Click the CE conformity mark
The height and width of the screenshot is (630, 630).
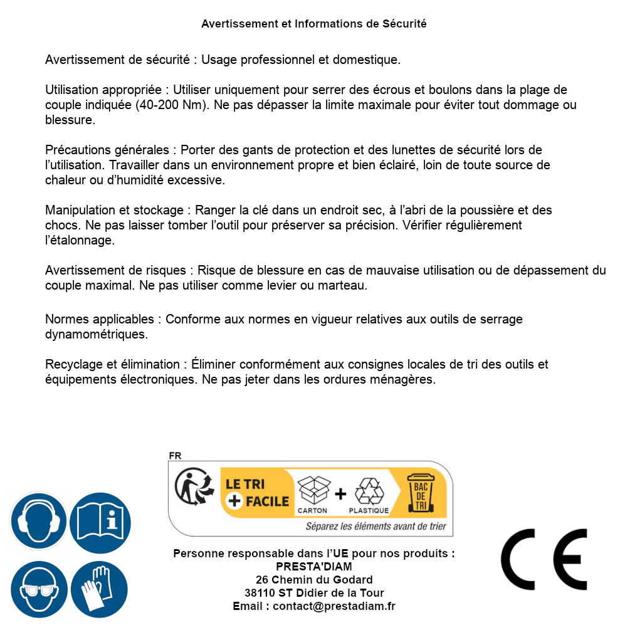[544, 555]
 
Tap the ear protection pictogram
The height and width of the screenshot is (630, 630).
[38, 521]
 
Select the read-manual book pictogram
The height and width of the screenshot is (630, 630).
[100, 521]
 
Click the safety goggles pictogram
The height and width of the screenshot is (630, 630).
[38, 589]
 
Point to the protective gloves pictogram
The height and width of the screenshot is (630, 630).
[100, 589]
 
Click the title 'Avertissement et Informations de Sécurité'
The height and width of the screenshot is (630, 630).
[313, 24]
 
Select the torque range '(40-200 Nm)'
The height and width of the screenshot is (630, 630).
[172, 105]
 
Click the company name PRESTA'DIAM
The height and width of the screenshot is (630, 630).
[314, 567]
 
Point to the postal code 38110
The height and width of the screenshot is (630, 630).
[260, 593]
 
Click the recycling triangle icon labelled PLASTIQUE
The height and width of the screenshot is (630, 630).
[369, 491]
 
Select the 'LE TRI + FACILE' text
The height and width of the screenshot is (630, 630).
[257, 493]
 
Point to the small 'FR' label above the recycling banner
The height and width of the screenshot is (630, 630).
[175, 456]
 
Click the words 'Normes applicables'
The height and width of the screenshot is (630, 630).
[99, 319]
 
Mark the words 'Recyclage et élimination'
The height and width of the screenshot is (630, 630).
[112, 364]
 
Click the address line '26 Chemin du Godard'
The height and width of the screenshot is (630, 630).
[314, 580]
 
